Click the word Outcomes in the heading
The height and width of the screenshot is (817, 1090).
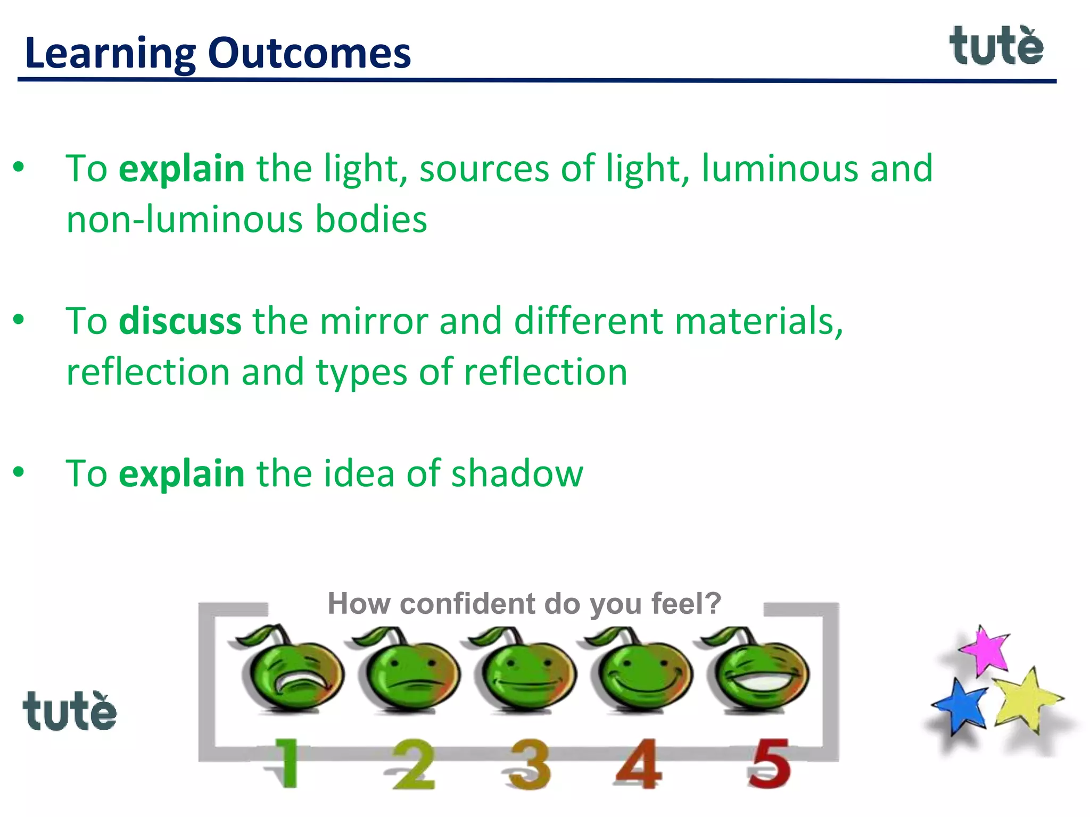click(x=309, y=53)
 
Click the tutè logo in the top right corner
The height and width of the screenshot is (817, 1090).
click(x=996, y=47)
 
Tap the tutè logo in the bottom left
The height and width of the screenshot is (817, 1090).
click(x=69, y=711)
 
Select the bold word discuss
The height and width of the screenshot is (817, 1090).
click(x=180, y=321)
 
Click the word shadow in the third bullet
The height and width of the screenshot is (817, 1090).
click(x=517, y=473)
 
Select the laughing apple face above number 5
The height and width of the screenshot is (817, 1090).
click(x=758, y=671)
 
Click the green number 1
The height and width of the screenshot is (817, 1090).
click(x=286, y=764)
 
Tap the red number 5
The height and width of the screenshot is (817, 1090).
click(x=769, y=764)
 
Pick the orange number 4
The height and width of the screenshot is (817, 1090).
click(x=639, y=764)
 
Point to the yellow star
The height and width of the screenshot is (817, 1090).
click(x=1025, y=699)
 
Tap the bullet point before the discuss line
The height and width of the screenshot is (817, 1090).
click(x=19, y=320)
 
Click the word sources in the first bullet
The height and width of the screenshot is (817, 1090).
click(x=484, y=169)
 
